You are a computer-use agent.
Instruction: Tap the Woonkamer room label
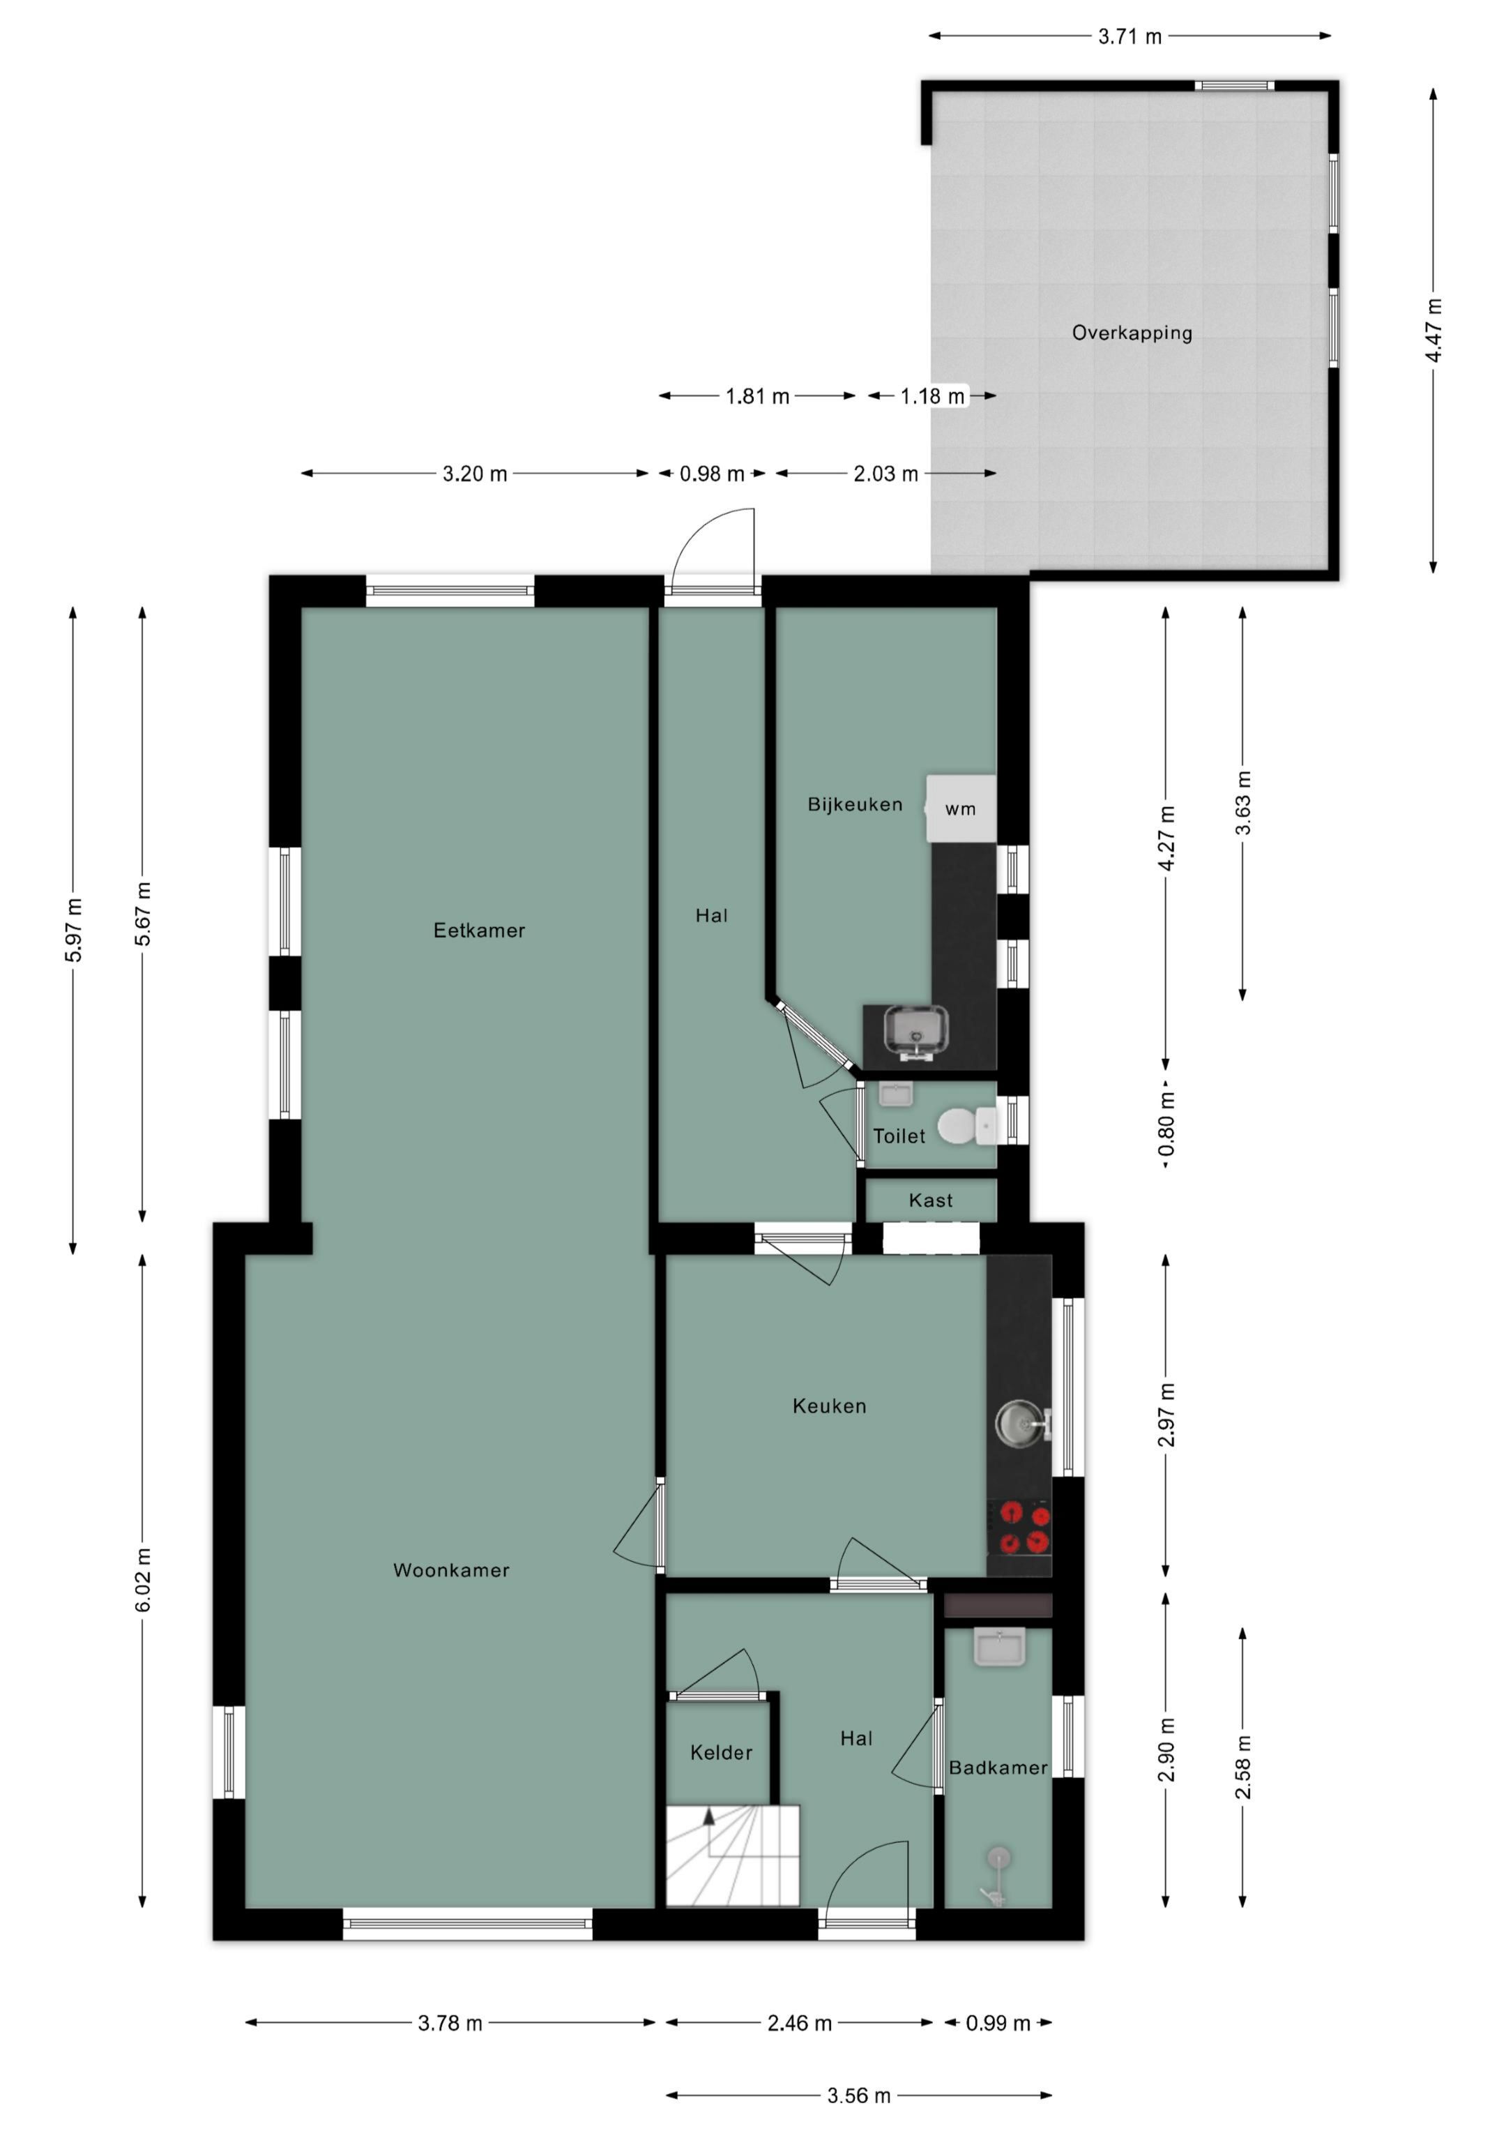point(451,1570)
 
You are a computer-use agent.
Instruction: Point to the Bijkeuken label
point(855,805)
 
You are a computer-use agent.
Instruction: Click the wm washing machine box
point(961,808)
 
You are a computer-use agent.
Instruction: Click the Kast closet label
point(931,1201)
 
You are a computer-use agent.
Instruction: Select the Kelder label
point(721,1753)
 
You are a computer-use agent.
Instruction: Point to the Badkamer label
point(998,1768)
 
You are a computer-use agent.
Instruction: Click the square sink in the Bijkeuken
point(917,1033)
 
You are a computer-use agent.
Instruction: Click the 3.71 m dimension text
point(1129,36)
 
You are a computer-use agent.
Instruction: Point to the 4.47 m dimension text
point(1433,331)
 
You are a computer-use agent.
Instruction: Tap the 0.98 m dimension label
point(712,474)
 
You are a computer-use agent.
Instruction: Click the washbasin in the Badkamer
point(999,1648)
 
